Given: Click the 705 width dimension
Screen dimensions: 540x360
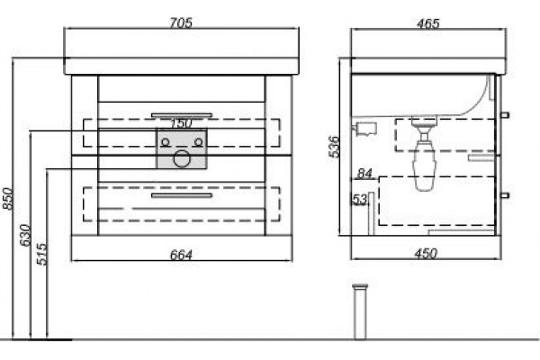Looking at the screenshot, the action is point(181,22).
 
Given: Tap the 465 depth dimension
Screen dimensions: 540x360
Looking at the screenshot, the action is point(428,23).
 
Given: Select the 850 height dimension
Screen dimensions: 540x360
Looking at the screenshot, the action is point(7,198).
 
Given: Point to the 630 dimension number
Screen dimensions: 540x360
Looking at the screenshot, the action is point(25,235).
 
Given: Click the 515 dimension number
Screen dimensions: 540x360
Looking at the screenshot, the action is point(41,254).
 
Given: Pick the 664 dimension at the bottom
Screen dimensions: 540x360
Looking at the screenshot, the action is point(181,255).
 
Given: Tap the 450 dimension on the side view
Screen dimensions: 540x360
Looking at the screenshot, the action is point(427,254).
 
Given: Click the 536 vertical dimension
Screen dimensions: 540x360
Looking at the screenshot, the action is point(334,147).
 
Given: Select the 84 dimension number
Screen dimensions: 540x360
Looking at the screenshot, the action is point(364,174).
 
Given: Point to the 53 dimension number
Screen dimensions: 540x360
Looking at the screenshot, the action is point(360,200).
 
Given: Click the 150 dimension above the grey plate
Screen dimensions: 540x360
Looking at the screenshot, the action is point(182,123).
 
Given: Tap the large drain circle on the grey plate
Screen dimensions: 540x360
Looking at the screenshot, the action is point(182,158).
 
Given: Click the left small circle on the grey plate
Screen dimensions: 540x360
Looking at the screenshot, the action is point(166,142).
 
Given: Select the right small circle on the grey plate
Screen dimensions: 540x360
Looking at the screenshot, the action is point(198,142).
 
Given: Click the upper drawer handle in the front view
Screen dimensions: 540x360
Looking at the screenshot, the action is point(182,115).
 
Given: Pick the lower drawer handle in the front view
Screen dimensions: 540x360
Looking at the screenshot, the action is point(182,195).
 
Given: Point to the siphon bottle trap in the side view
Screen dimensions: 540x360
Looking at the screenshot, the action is point(425,154).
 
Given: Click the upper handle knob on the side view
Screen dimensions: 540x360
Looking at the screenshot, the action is point(505,114).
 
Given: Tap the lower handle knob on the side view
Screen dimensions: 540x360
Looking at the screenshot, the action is point(505,195).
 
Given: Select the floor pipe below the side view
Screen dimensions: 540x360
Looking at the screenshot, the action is point(360,311).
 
